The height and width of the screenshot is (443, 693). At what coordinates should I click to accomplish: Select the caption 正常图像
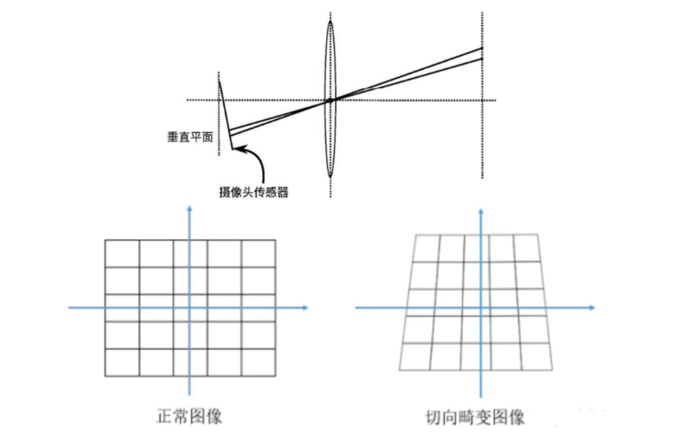[x=190, y=416]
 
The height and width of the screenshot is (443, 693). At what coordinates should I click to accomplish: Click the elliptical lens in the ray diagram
[x=330, y=60]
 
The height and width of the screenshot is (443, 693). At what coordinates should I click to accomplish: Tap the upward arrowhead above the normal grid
[x=190, y=209]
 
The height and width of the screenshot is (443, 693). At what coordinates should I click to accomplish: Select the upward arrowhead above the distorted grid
[x=481, y=209]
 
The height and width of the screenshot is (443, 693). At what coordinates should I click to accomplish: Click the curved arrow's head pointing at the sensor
[x=235, y=147]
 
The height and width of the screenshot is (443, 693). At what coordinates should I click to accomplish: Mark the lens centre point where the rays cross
[x=330, y=100]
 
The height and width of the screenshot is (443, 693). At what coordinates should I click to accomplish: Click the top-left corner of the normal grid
[x=105, y=240]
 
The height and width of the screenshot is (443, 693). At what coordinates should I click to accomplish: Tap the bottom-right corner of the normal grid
[x=276, y=377]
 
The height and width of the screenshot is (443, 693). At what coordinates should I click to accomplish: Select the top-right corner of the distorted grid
[x=537, y=234]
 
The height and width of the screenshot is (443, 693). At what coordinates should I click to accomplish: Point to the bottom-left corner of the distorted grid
[x=399, y=369]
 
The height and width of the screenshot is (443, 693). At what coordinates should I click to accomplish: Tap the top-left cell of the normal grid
[x=122, y=253]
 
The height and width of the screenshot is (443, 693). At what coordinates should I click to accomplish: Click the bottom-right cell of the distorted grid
[x=536, y=357]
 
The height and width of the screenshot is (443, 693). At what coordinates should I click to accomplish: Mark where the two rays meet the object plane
[x=482, y=53]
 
